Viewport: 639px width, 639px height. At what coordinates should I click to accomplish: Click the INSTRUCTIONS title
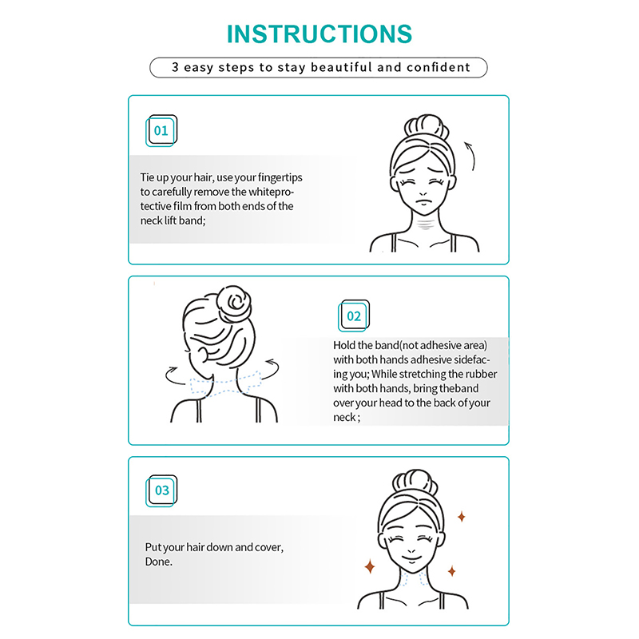319,34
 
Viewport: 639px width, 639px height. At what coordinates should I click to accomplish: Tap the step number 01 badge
161,130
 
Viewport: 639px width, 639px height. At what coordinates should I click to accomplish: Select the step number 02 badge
354,316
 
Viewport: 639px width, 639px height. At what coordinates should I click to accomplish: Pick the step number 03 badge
161,490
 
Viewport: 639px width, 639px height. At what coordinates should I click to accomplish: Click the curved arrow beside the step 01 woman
470,156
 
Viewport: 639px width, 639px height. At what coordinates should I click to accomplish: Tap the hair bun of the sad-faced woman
427,127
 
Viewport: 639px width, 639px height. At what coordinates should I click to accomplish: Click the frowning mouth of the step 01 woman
424,203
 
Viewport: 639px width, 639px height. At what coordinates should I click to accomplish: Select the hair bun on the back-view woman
233,304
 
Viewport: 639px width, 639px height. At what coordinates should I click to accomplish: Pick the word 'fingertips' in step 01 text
280,177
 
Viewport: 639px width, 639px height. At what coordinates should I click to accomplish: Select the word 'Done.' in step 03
158,562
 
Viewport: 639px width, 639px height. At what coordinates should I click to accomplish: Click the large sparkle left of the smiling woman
370,566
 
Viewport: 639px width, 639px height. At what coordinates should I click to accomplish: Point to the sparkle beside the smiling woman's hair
462,517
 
